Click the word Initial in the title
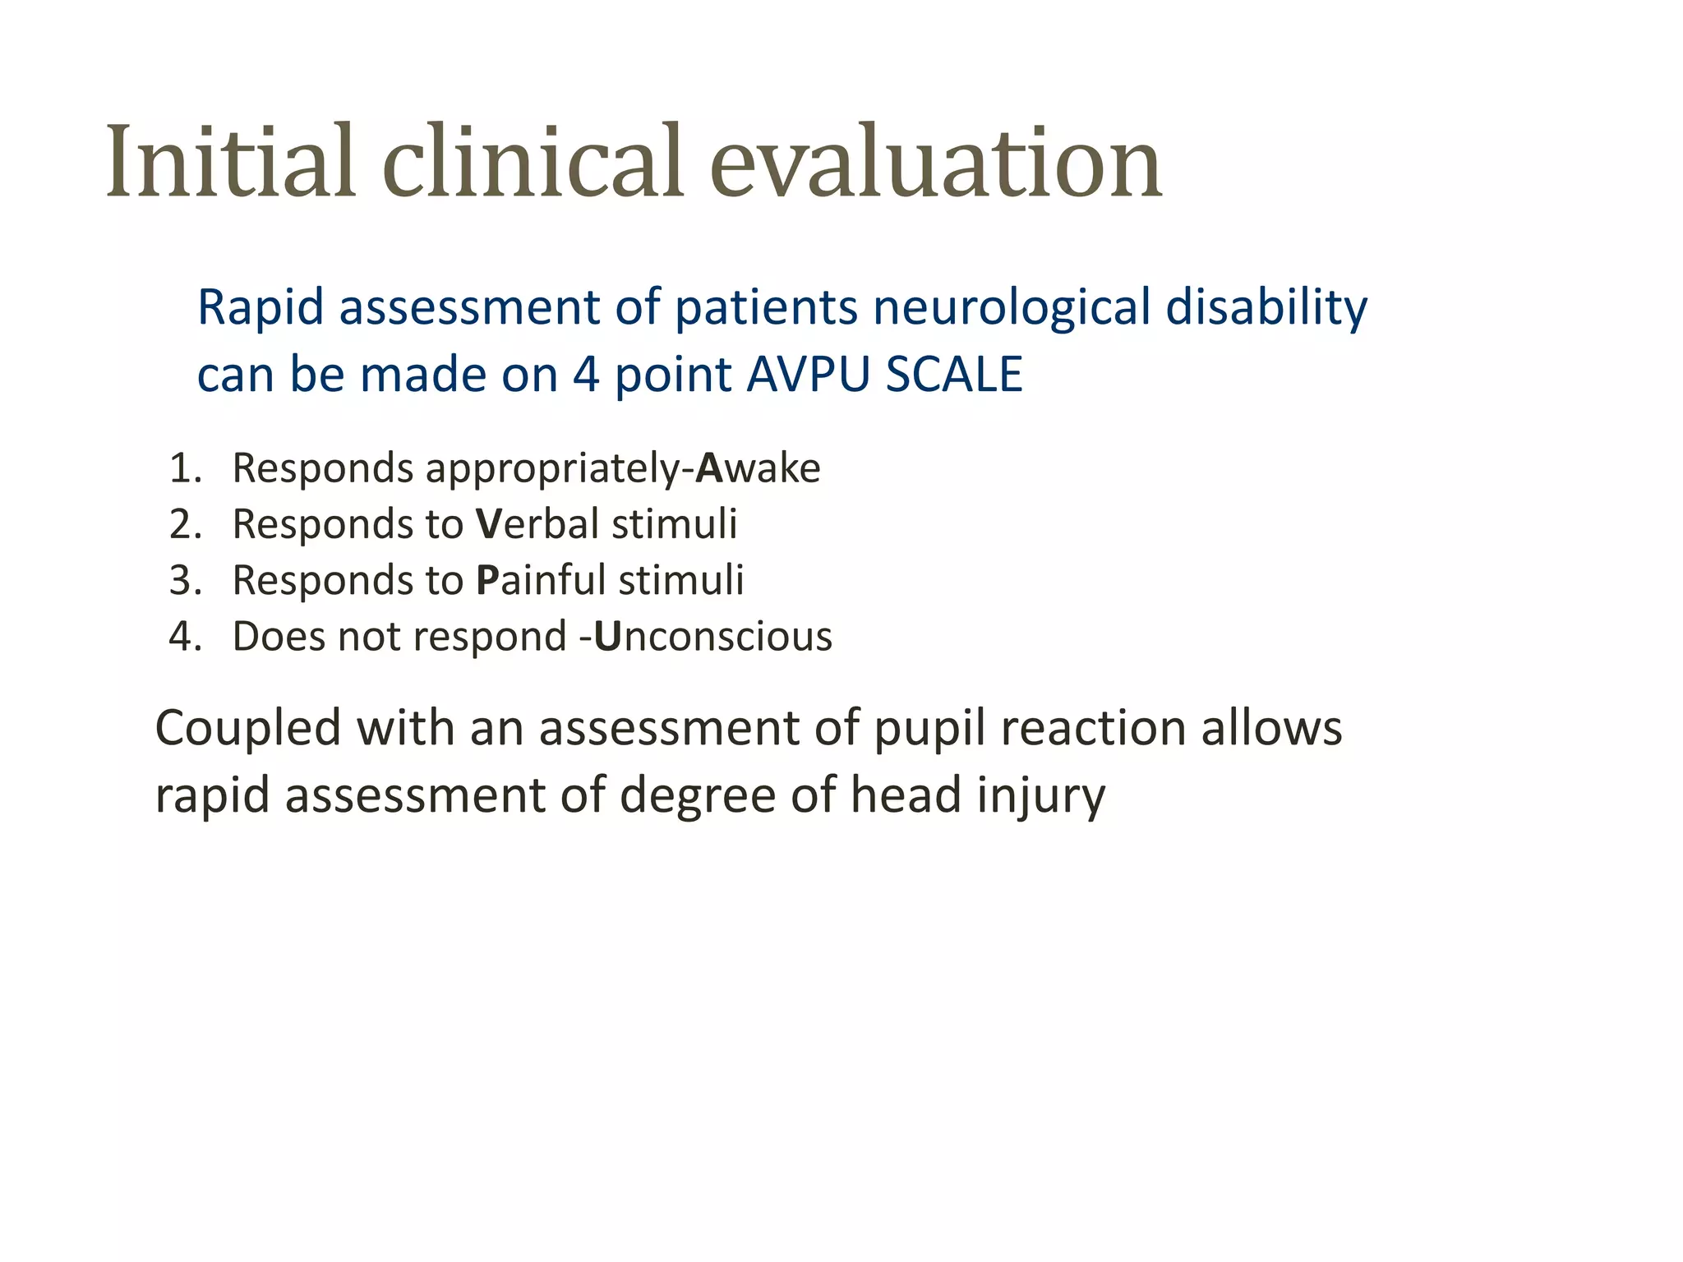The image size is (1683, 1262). (x=231, y=162)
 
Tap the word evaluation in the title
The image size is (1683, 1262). (x=935, y=162)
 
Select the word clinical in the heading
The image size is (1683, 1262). (x=533, y=162)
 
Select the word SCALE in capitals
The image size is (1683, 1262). (x=954, y=375)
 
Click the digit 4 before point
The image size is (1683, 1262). (x=586, y=375)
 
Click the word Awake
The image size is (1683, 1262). (x=758, y=468)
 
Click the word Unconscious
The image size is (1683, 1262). (x=712, y=637)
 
